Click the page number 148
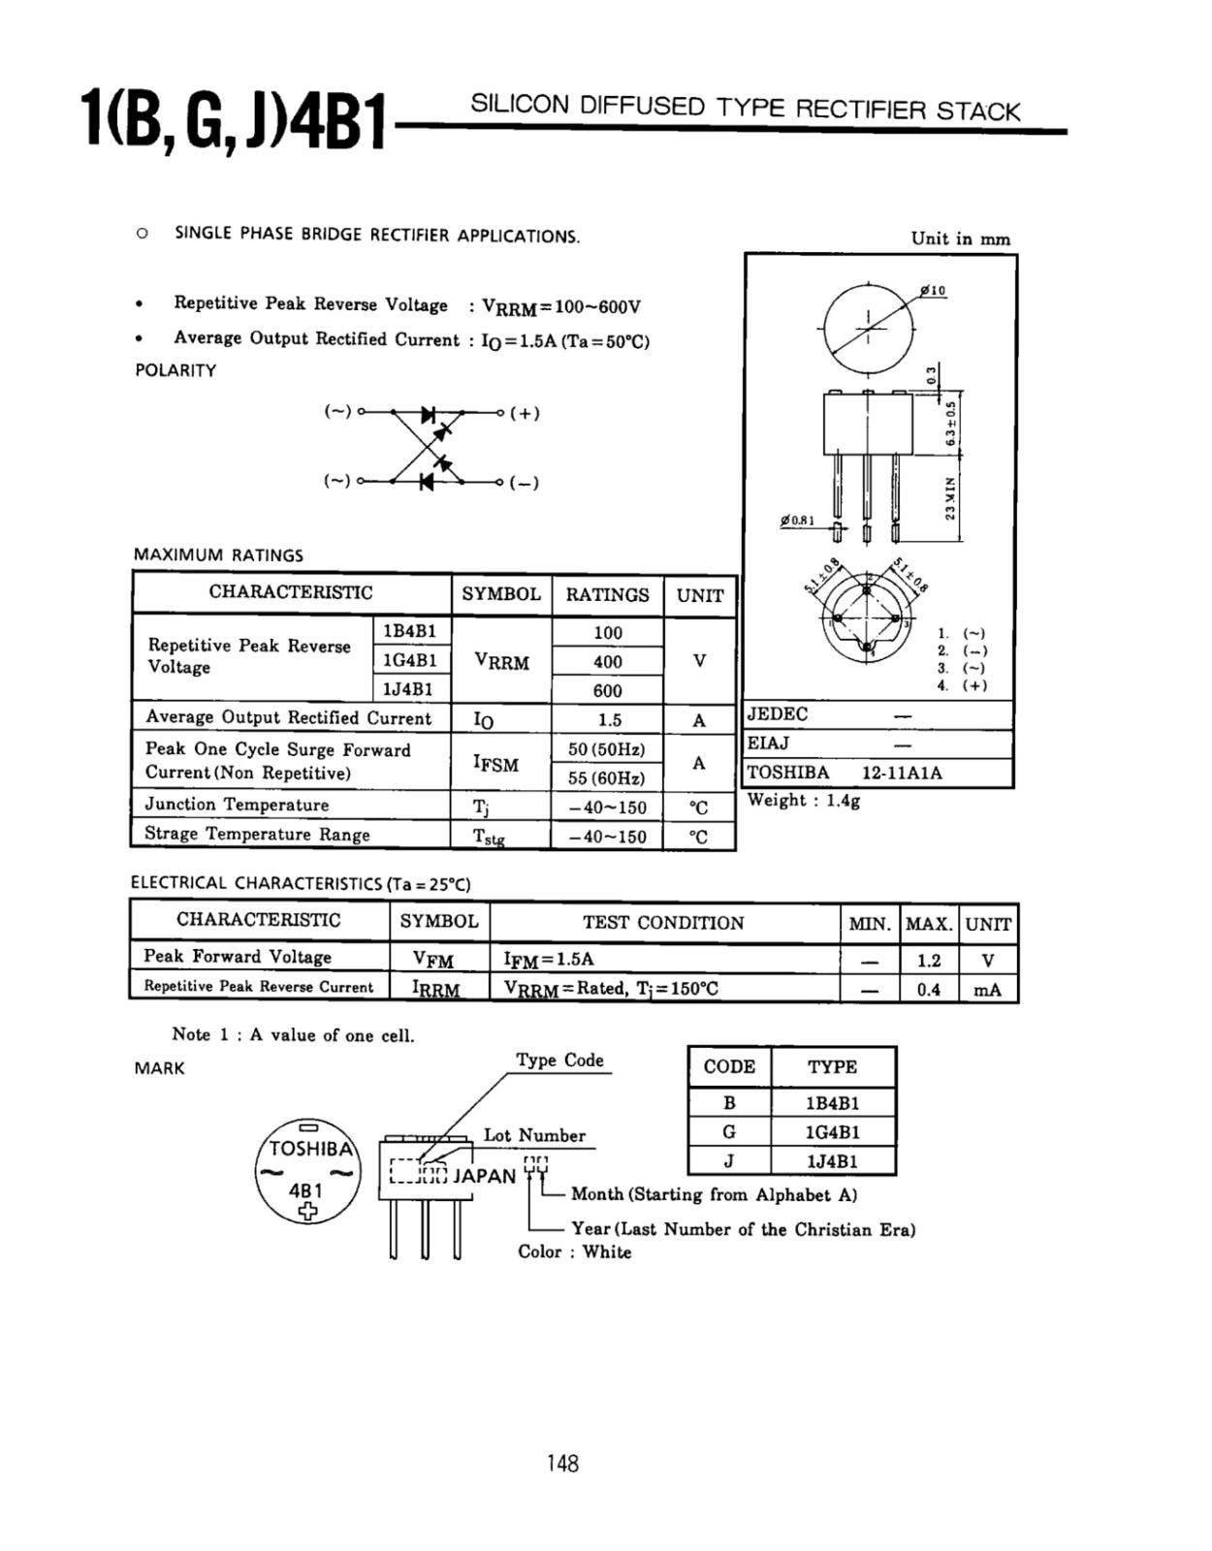pyautogui.click(x=562, y=1463)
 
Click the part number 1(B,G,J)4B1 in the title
pyautogui.click(x=236, y=119)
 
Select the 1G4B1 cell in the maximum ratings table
pyautogui.click(x=410, y=660)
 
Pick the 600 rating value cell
pyautogui.click(x=607, y=690)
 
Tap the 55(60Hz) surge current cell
pyautogui.click(x=607, y=777)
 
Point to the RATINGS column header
pyautogui.click(x=607, y=595)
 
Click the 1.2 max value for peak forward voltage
pyautogui.click(x=928, y=960)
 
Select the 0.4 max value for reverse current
pyautogui.click(x=928, y=990)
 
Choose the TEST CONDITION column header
pyautogui.click(x=663, y=923)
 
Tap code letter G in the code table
pyautogui.click(x=729, y=1131)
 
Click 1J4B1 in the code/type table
pyautogui.click(x=832, y=1160)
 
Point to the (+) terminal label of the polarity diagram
pyautogui.click(x=525, y=413)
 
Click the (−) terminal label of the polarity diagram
pyautogui.click(x=525, y=483)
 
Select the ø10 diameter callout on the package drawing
pyautogui.click(x=934, y=290)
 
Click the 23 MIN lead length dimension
pyautogui.click(x=950, y=497)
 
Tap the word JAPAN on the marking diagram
pyautogui.click(x=485, y=1176)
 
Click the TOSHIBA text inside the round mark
pyautogui.click(x=309, y=1149)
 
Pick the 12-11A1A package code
pyautogui.click(x=901, y=773)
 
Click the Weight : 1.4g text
pyautogui.click(x=803, y=800)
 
